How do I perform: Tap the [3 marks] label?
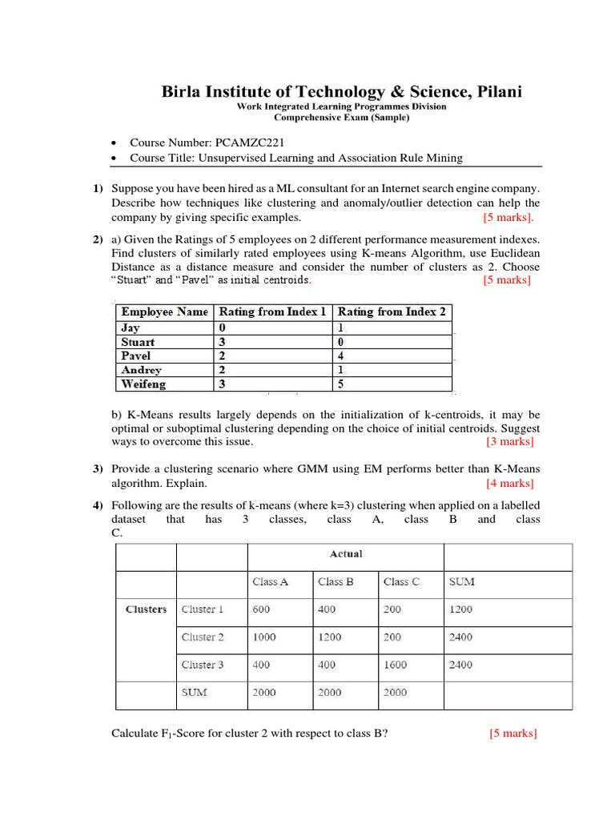point(509,441)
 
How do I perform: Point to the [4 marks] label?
point(509,483)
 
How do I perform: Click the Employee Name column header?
point(164,312)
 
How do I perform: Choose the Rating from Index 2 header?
point(392,312)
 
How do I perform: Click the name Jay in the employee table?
point(130,327)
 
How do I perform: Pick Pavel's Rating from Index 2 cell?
point(342,356)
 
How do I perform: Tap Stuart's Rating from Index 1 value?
point(223,341)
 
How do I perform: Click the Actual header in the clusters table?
point(346,554)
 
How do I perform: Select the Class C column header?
point(401,582)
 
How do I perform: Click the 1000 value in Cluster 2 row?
point(265,637)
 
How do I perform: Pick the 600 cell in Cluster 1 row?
point(262,609)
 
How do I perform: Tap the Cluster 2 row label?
point(203,637)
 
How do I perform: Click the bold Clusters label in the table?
point(147,609)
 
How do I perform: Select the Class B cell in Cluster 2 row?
point(330,637)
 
